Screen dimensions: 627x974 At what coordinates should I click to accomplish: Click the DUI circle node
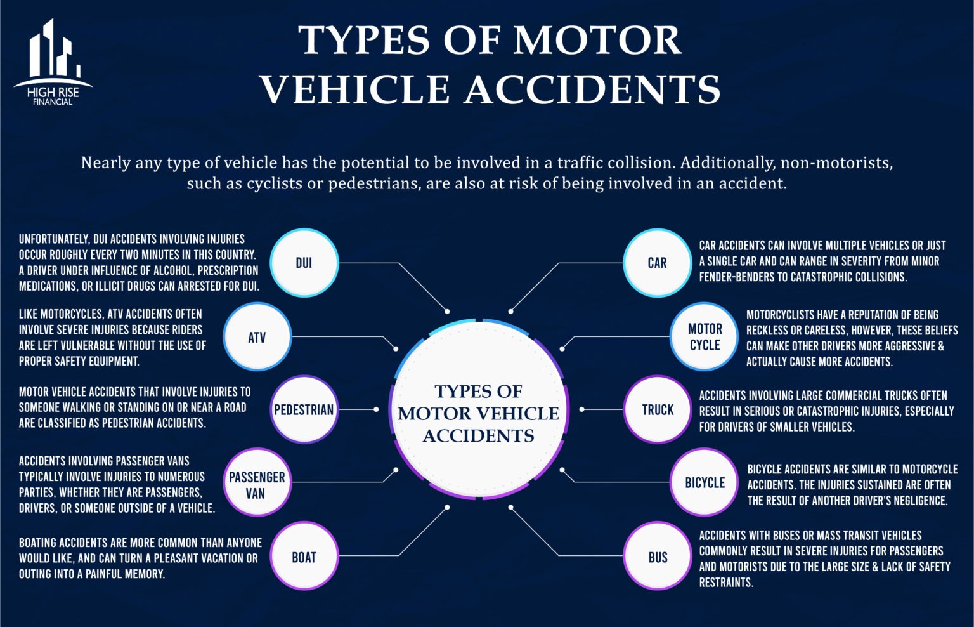pyautogui.click(x=304, y=263)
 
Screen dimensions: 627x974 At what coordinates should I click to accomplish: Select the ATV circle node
pyautogui.click(x=257, y=337)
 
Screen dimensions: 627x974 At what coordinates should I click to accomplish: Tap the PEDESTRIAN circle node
pyautogui.click(x=304, y=410)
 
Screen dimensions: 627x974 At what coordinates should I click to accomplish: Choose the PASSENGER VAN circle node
pyautogui.click(x=257, y=485)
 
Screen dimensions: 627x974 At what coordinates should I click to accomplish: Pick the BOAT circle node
pyautogui.click(x=304, y=557)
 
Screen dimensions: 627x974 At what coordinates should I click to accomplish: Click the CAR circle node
pyautogui.click(x=657, y=263)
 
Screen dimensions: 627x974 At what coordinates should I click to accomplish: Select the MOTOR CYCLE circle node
pyautogui.click(x=705, y=337)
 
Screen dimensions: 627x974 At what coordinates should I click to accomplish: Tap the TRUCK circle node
pyautogui.click(x=657, y=410)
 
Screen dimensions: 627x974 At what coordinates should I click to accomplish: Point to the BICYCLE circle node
pyautogui.click(x=705, y=483)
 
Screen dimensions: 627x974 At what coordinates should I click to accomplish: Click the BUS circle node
pyautogui.click(x=657, y=557)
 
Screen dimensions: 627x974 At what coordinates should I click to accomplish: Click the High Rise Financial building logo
pyautogui.click(x=53, y=62)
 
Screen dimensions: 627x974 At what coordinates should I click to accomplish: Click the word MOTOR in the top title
pyautogui.click(x=597, y=41)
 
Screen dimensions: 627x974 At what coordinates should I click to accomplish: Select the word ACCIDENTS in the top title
pyautogui.click(x=592, y=89)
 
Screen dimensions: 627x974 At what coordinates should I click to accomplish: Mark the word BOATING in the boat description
pyautogui.click(x=41, y=543)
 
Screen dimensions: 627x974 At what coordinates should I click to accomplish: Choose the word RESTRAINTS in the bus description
pyautogui.click(x=726, y=582)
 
